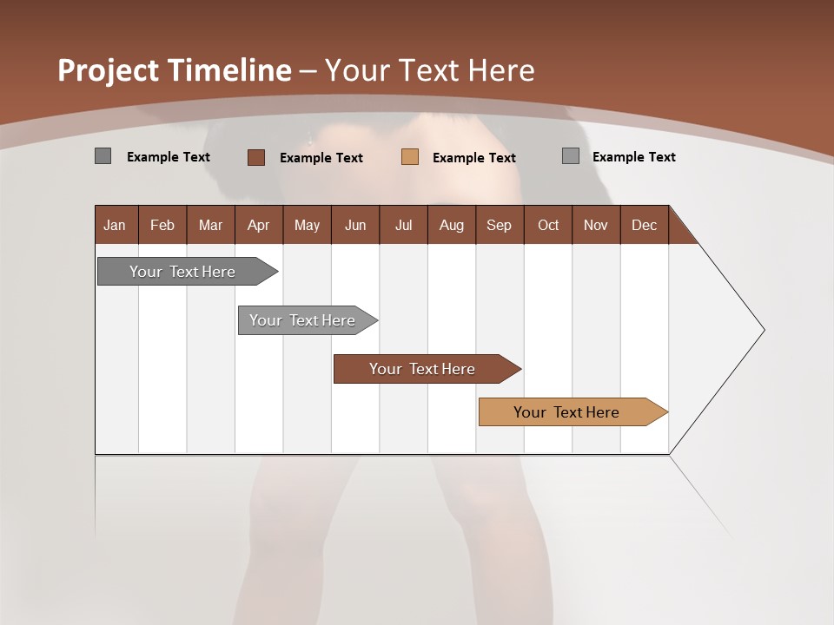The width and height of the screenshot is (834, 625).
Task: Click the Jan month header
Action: pos(115,225)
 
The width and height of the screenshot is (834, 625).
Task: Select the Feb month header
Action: pos(162,225)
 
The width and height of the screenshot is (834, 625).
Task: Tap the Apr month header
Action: pos(258,225)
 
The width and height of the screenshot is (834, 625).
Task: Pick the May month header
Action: pos(307,225)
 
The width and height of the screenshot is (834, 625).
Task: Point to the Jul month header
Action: pos(403,225)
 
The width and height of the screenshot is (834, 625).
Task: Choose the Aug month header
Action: pos(451,225)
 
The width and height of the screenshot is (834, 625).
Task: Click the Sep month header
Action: pos(499,225)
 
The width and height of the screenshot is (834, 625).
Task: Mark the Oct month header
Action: pos(548,225)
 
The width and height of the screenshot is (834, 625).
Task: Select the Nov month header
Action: pos(595,225)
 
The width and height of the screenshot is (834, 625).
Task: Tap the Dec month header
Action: pos(644,225)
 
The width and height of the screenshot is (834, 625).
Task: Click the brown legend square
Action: pos(255,157)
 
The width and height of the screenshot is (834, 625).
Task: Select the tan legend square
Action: pos(410,157)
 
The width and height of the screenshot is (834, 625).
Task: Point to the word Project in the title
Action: pos(108,70)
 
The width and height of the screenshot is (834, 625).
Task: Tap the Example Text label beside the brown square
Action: pos(321,158)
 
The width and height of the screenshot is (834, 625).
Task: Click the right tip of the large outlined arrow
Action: pos(763,330)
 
